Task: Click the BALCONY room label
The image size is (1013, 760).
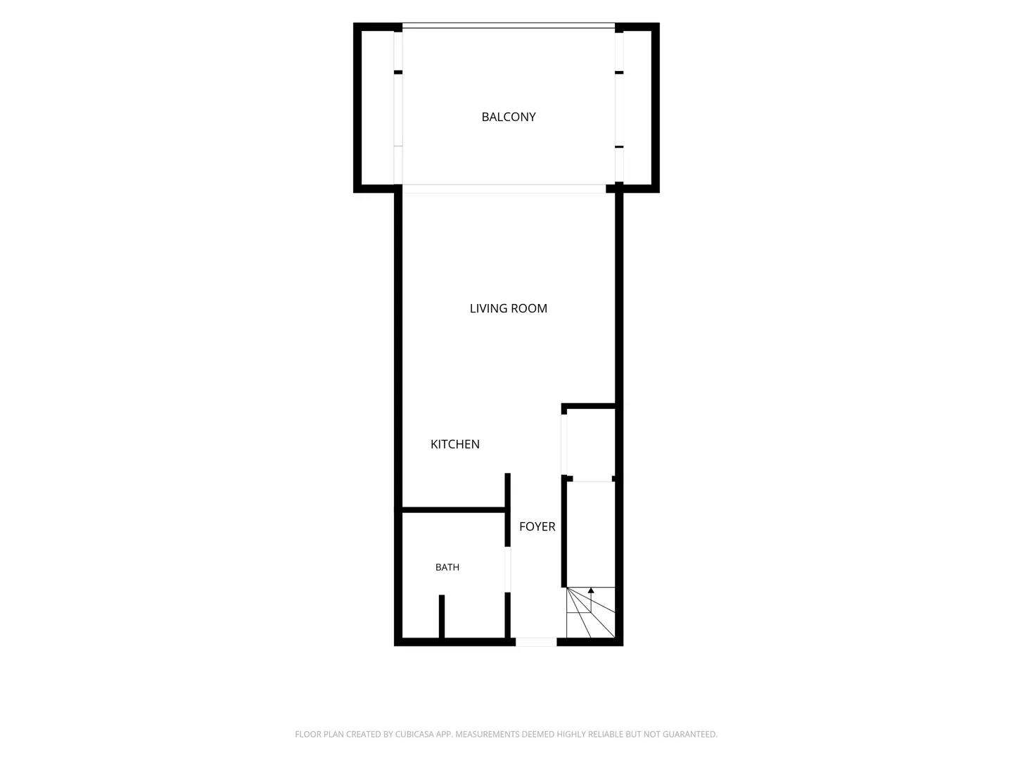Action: coord(509,117)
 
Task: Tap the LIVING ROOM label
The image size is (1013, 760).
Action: coord(509,308)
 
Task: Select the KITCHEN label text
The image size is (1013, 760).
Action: coord(455,444)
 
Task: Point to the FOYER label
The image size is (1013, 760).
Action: coord(537,526)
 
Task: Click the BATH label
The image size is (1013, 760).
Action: coord(447,567)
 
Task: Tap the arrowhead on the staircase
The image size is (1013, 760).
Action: coord(591,590)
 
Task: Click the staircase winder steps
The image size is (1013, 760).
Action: coord(591,612)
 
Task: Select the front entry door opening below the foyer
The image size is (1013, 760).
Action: coord(536,642)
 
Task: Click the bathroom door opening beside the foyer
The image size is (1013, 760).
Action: coord(508,569)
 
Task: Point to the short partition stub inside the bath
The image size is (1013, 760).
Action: coord(442,616)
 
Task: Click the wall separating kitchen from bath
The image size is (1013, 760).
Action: coord(454,510)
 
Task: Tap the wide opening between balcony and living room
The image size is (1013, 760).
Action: coord(504,189)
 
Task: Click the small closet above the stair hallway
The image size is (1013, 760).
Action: coord(591,444)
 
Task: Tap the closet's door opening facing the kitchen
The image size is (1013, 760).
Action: coord(564,445)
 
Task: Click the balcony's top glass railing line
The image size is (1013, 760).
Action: coord(509,25)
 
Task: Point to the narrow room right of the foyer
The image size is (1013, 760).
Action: coord(591,534)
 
